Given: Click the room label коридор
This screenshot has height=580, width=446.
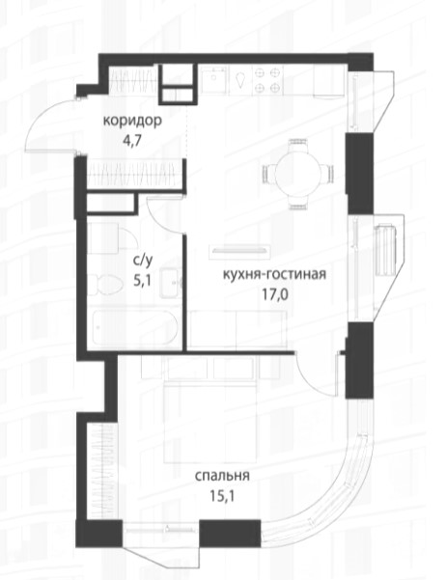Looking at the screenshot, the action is click(x=132, y=121).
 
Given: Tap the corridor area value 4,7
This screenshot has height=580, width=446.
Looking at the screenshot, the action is click(x=132, y=141).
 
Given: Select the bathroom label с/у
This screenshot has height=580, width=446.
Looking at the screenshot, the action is click(x=143, y=261).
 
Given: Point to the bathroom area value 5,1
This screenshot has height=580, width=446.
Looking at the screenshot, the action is click(x=143, y=282).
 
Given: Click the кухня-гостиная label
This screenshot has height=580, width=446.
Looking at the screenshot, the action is click(x=274, y=274).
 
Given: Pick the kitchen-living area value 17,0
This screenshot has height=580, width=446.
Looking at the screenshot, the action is click(x=274, y=294).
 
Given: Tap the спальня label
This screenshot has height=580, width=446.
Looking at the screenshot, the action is click(x=222, y=476).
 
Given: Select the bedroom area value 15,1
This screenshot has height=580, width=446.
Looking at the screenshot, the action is click(x=222, y=496).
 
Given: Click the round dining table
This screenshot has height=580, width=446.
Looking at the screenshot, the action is click(x=298, y=174).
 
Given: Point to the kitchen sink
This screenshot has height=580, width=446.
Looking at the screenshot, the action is click(x=214, y=80).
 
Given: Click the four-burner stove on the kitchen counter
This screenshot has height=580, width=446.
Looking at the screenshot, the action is click(x=266, y=80).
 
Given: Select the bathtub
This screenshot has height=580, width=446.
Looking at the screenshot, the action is click(x=135, y=327).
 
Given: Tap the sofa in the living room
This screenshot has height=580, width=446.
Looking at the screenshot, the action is click(x=237, y=329).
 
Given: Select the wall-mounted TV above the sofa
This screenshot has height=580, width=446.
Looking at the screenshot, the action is click(x=239, y=250).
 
